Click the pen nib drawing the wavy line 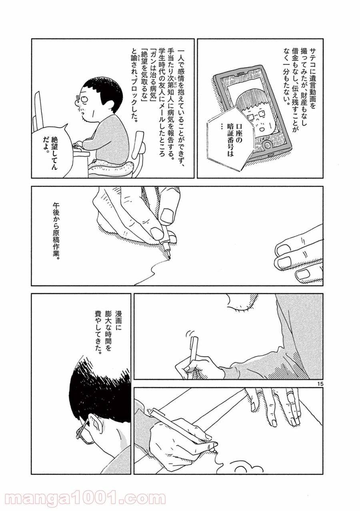(168, 257)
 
